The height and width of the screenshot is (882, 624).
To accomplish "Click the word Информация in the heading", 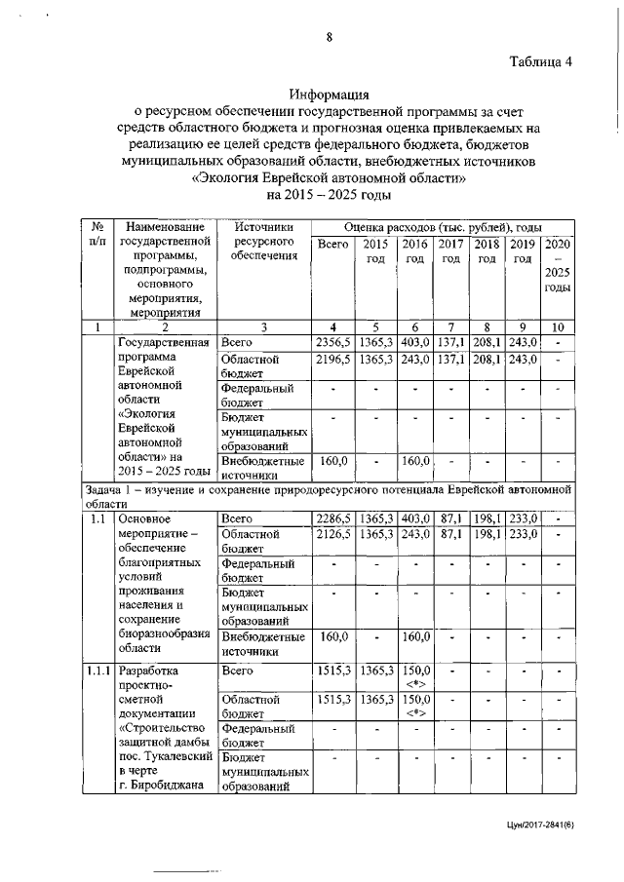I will click(x=330, y=96).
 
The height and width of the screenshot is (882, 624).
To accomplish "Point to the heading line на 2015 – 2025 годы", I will click(x=330, y=195).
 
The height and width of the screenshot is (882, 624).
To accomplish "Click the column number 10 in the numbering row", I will click(x=557, y=326).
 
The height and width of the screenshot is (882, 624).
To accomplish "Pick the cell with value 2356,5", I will click(x=333, y=342).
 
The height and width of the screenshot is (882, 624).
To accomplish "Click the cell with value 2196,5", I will click(x=333, y=360).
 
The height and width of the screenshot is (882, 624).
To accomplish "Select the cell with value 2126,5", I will click(x=333, y=535).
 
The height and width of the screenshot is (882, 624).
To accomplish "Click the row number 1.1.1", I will click(x=97, y=671).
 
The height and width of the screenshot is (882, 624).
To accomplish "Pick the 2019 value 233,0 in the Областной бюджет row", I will click(x=522, y=535).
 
